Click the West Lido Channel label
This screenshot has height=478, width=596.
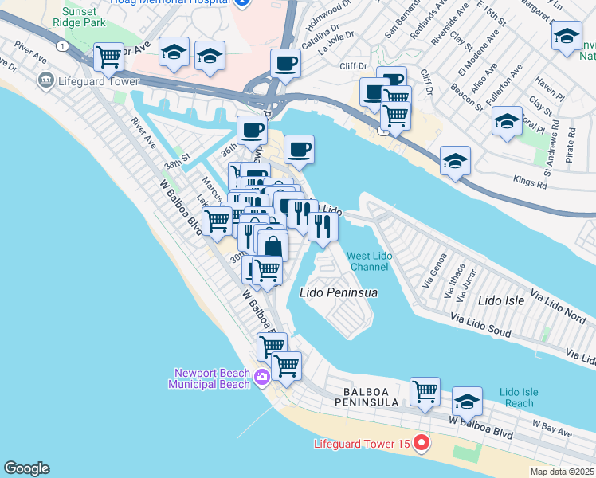(x=367, y=261)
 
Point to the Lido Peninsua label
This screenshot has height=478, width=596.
(x=338, y=292)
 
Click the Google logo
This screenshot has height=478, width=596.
(x=26, y=468)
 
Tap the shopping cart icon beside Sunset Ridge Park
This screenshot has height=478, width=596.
(x=108, y=57)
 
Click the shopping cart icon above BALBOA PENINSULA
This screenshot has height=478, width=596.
(x=425, y=391)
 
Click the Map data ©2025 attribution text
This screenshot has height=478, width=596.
(x=562, y=472)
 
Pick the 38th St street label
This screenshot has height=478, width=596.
(x=178, y=165)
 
